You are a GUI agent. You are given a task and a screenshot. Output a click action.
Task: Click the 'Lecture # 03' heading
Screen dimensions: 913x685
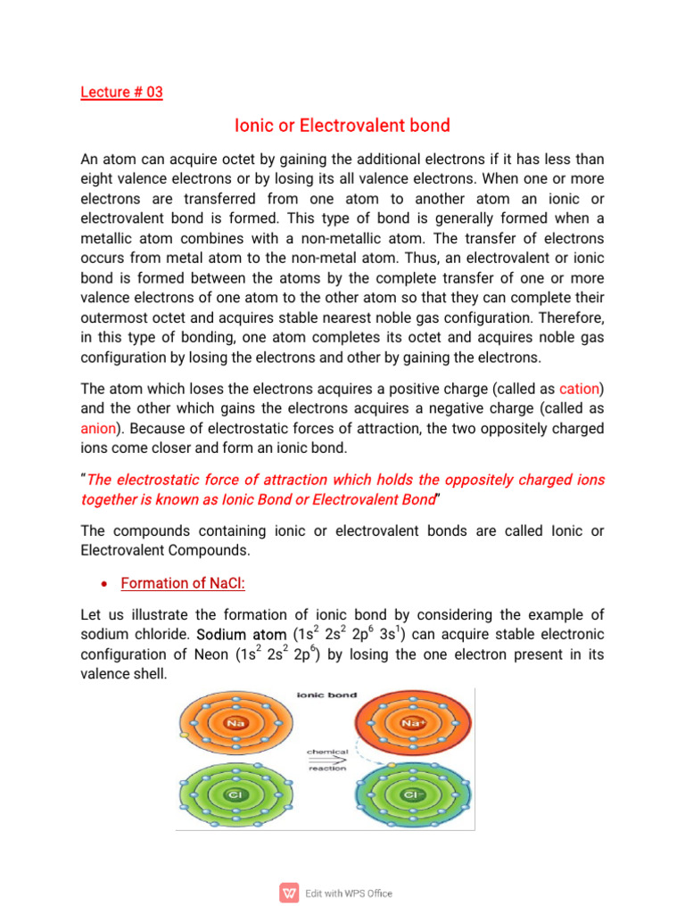[121, 92]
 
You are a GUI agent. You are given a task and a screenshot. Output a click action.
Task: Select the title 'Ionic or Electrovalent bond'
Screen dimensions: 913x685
[342, 127]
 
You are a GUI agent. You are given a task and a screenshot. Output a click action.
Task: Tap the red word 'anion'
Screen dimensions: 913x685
[98, 428]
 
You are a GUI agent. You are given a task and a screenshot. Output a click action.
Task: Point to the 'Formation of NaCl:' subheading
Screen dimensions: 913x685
[183, 583]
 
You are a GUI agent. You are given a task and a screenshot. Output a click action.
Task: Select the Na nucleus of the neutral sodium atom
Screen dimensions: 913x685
[235, 723]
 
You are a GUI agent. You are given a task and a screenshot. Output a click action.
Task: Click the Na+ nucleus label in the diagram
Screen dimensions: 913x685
[413, 723]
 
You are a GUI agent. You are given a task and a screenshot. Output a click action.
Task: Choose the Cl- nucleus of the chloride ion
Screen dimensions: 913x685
[413, 793]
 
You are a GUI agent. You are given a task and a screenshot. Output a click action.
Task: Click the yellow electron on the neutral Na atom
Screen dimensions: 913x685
[183, 736]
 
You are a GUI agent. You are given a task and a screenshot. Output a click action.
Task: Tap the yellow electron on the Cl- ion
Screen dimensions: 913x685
[390, 764]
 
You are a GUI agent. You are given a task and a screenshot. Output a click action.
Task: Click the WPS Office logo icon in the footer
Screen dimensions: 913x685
[290, 892]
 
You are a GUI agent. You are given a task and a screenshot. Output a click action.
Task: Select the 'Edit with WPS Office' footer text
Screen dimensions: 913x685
[349, 893]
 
